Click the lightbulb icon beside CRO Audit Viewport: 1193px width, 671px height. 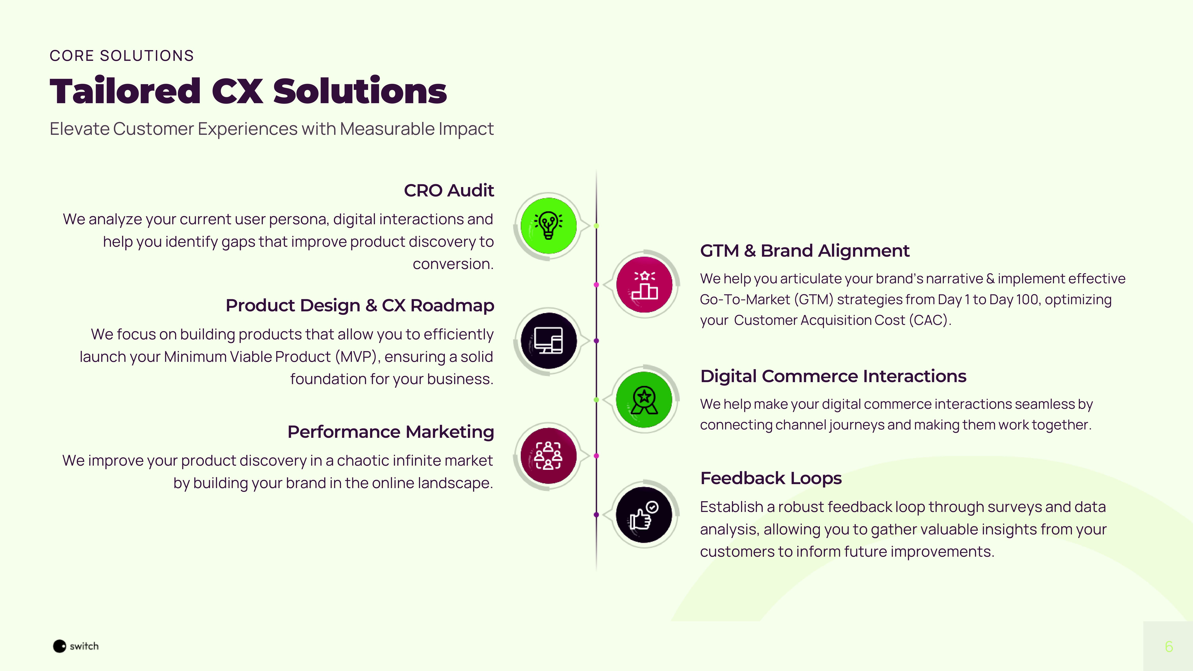548,225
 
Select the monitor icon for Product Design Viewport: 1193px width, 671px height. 548,341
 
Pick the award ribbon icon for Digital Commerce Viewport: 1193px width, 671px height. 644,400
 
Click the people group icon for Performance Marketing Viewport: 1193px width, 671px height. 548,456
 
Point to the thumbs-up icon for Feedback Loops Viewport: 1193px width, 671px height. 644,515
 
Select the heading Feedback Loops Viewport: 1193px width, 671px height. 771,478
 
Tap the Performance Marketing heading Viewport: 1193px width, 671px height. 391,432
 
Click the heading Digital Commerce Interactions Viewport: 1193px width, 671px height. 833,376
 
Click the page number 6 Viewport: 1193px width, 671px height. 1169,647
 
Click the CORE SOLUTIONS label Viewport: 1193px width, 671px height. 121,56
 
